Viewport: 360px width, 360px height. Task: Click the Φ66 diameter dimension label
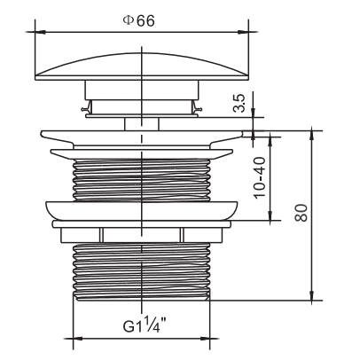pyautogui.click(x=138, y=20)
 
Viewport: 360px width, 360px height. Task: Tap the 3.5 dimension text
pyautogui.click(x=239, y=103)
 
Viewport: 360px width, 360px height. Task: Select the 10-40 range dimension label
pyautogui.click(x=260, y=177)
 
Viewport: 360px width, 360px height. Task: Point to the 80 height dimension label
pyautogui.click(x=301, y=213)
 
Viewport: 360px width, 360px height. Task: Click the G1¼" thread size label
pyautogui.click(x=145, y=325)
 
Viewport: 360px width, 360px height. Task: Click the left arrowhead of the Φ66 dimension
pyautogui.click(x=40, y=32)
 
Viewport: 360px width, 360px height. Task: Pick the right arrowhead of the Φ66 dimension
pyautogui.click(x=243, y=32)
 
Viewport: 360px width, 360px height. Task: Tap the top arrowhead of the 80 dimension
pyautogui.click(x=311, y=136)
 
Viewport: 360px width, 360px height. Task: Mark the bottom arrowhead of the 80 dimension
pyautogui.click(x=311, y=295)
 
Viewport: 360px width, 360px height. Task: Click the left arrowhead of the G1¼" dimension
pyautogui.click(x=78, y=339)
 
